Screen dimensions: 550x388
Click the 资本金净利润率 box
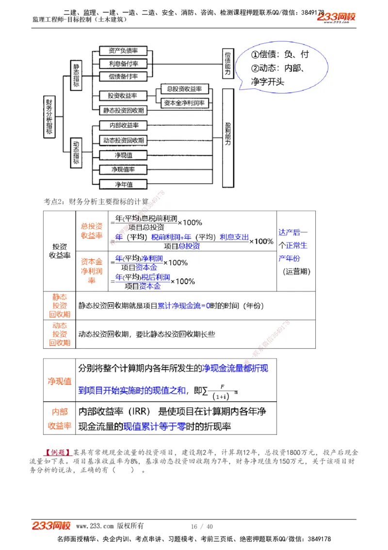tap(184, 103)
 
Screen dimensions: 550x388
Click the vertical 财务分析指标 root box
tap(49, 117)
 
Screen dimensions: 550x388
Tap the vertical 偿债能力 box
tap(228, 64)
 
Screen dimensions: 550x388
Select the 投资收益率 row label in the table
tap(60, 251)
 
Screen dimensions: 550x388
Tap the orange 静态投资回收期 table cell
tap(60, 306)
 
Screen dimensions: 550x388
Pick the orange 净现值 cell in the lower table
tap(60, 381)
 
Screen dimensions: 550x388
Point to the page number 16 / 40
tap(202, 526)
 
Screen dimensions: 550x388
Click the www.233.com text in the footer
tap(95, 526)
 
